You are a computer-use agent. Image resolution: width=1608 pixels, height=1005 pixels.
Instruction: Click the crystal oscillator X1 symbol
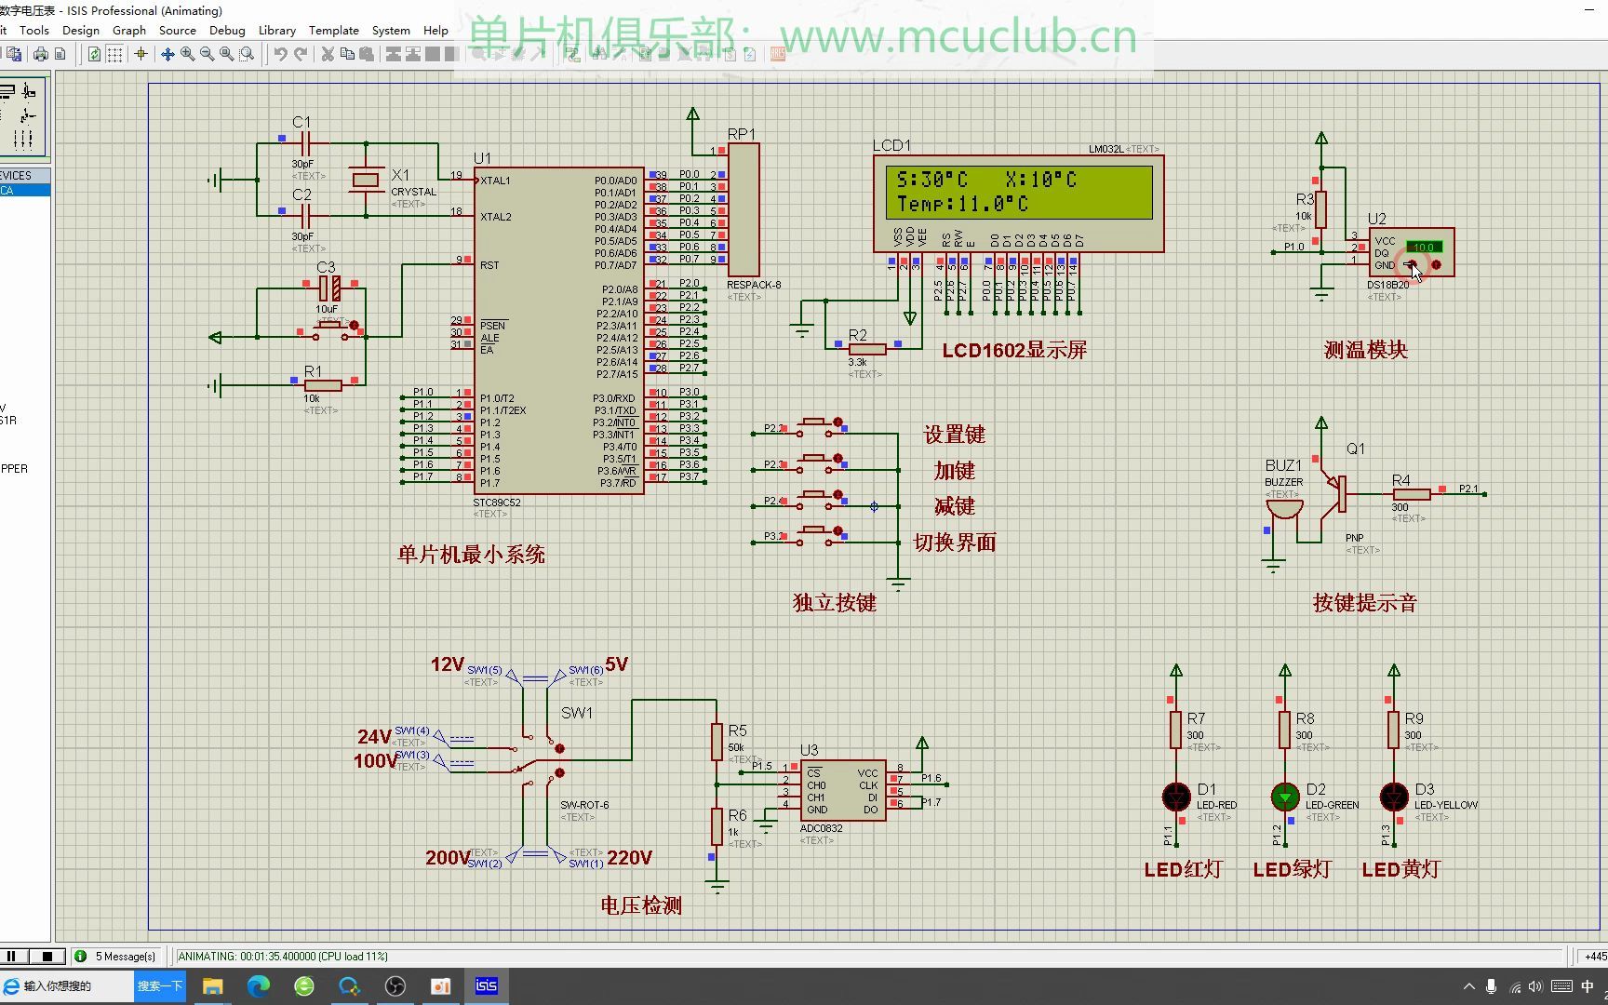(x=366, y=180)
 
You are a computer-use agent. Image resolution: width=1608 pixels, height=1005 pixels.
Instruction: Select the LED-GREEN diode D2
(x=1285, y=797)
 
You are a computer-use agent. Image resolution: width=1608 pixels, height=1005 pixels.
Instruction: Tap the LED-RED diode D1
(x=1176, y=797)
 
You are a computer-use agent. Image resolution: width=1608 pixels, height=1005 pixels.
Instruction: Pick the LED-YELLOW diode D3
(x=1394, y=797)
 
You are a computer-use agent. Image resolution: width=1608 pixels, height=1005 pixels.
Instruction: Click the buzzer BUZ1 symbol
(x=1284, y=509)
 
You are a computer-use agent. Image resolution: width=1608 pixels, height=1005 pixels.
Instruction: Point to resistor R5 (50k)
(x=717, y=741)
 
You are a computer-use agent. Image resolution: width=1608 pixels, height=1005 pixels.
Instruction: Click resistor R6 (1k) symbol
(x=717, y=825)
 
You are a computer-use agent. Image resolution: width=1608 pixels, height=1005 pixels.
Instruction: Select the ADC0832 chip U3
(x=841, y=791)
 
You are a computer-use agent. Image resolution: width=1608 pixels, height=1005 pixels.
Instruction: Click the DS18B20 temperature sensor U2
(x=1410, y=253)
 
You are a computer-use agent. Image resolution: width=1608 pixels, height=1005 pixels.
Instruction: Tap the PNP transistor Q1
(x=1339, y=493)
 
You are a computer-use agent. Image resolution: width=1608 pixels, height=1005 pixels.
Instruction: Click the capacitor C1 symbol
(x=303, y=143)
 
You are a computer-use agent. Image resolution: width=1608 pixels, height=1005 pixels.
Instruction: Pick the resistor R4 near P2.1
(x=1412, y=494)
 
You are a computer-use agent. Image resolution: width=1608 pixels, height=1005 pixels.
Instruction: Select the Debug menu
(x=227, y=30)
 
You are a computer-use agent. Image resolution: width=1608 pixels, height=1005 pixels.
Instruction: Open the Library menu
(x=276, y=30)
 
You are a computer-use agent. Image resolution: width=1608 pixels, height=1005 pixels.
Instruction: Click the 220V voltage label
(x=629, y=858)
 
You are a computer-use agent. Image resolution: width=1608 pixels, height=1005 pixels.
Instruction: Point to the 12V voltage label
(x=447, y=664)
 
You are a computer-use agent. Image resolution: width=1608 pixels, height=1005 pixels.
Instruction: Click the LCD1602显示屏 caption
(x=1014, y=351)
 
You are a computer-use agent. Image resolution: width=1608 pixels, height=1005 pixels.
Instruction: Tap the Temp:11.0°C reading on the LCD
(x=962, y=204)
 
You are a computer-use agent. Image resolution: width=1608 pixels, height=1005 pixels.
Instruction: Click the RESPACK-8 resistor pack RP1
(x=744, y=210)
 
